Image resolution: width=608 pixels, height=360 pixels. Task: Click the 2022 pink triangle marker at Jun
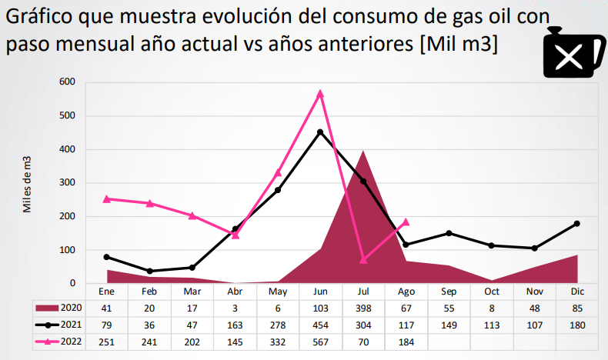tap(320, 93)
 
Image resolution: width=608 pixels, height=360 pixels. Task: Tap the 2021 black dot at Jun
tap(320, 132)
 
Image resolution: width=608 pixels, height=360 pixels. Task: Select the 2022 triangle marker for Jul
tap(363, 260)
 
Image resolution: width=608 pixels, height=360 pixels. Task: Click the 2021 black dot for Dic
tap(576, 223)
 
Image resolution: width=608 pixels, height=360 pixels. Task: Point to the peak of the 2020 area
tap(363, 151)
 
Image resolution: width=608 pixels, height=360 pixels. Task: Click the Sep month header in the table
tap(449, 292)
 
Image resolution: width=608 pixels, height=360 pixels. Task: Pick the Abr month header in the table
tap(235, 292)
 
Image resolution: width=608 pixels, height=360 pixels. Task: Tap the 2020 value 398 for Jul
tap(363, 308)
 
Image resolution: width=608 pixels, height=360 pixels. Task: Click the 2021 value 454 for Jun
tap(320, 325)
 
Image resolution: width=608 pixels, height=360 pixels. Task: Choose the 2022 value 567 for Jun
tap(320, 341)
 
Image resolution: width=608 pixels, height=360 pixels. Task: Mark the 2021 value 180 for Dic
tap(576, 325)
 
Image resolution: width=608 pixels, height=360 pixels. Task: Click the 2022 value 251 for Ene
tap(106, 341)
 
